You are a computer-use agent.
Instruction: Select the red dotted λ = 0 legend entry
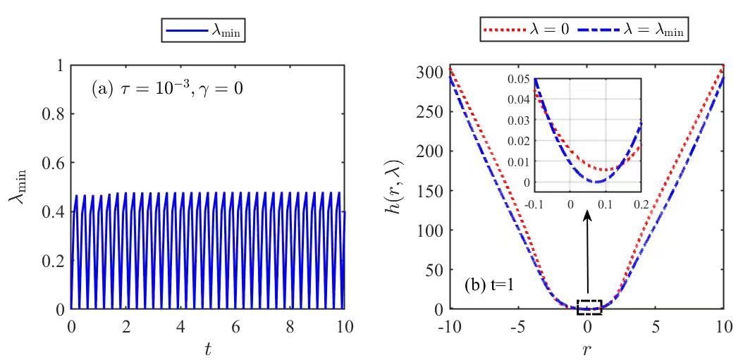coord(526,30)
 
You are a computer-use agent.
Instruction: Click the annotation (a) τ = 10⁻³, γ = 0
coord(168,89)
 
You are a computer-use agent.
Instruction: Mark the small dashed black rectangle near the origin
coord(589,306)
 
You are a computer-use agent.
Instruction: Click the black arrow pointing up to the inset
coord(588,250)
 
